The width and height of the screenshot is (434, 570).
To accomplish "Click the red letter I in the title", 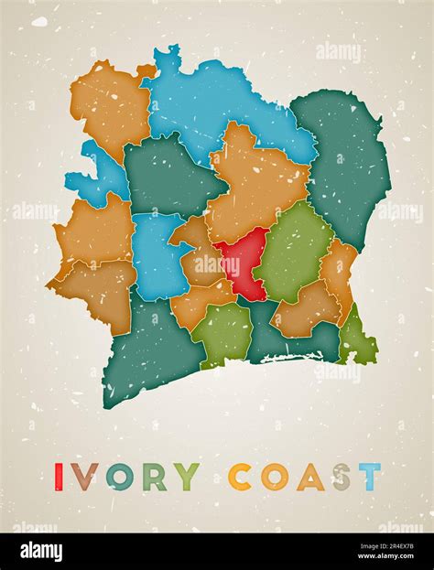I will [x=59, y=477].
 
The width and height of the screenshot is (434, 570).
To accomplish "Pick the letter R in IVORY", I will [x=155, y=477].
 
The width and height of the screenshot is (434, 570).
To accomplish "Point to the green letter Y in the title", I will [x=188, y=477].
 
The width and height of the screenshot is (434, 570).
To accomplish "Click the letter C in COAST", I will [x=240, y=477].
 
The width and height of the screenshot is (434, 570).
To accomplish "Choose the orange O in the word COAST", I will [x=274, y=477].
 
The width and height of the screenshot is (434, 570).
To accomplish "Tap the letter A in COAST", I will [x=309, y=477].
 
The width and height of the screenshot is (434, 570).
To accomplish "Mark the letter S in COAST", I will [x=342, y=477].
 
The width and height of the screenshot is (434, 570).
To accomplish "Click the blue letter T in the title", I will [x=369, y=477].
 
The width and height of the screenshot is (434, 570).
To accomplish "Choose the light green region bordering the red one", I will [x=295, y=252].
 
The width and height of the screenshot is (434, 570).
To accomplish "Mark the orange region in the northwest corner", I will [x=110, y=105].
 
